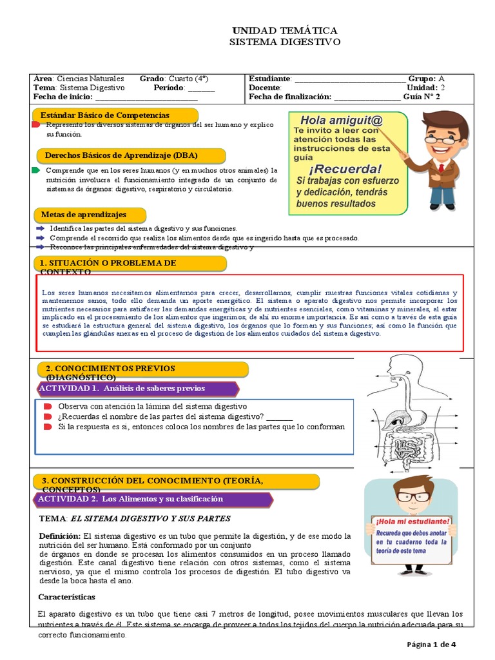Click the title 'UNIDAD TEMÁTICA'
[x=284, y=31]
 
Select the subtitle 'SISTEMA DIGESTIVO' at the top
[x=284, y=42]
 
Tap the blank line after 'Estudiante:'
[x=349, y=79]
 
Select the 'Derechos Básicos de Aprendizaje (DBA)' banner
[x=130, y=156]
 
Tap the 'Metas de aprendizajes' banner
[x=90, y=215]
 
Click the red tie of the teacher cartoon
[x=440, y=168]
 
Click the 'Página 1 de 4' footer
[x=431, y=644]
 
